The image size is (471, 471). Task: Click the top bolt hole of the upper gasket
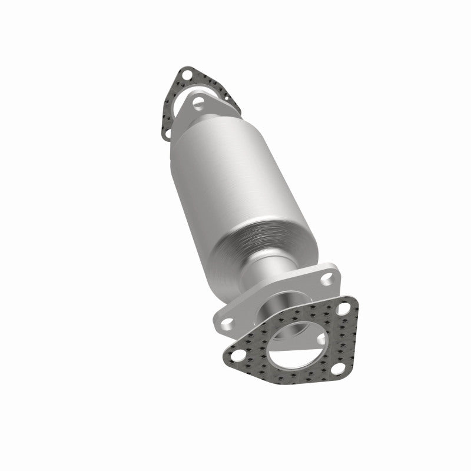[187, 75]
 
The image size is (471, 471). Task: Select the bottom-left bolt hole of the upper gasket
[167, 134]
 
